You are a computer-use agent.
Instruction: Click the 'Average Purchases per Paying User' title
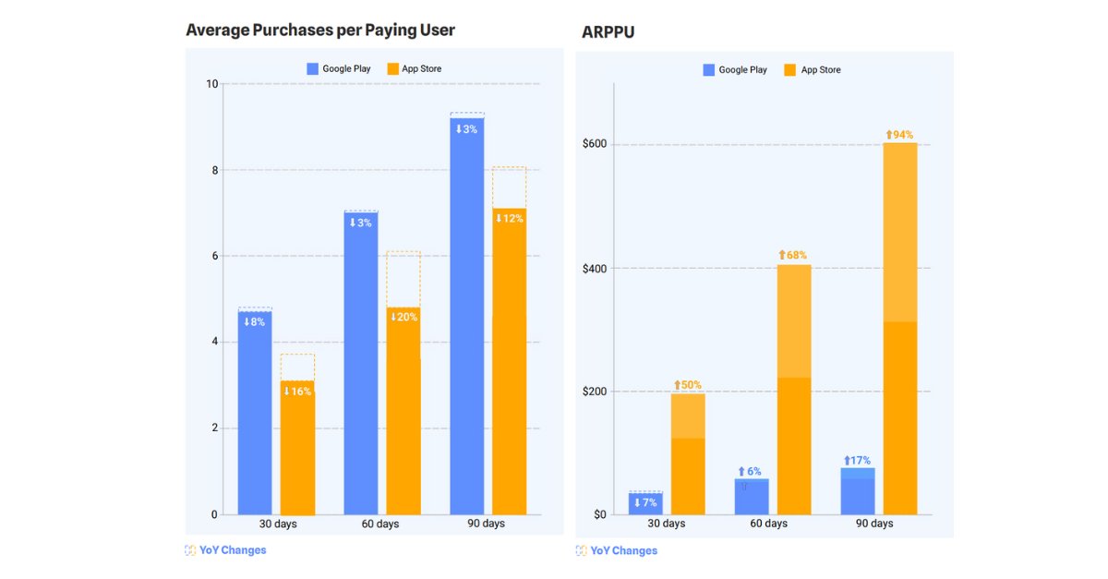(x=320, y=30)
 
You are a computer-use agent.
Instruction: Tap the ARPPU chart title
(x=608, y=32)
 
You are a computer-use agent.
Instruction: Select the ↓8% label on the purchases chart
(x=254, y=322)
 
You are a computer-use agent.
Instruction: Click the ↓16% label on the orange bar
(x=297, y=392)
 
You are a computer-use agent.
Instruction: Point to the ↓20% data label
(x=403, y=318)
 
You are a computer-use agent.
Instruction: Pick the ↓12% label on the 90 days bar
(x=509, y=219)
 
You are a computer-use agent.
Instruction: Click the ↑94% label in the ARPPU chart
(x=899, y=135)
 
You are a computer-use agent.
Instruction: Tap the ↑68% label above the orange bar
(x=793, y=255)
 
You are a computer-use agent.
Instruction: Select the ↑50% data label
(x=687, y=384)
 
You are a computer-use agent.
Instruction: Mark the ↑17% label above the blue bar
(x=857, y=461)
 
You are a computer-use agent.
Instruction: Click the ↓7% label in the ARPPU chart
(x=644, y=502)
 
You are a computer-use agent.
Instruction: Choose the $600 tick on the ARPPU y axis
(x=594, y=145)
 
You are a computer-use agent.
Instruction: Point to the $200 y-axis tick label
(x=594, y=392)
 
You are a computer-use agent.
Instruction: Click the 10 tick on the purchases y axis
(x=212, y=84)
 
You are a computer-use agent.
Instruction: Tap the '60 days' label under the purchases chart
(x=381, y=524)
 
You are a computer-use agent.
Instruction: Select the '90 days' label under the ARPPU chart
(x=874, y=524)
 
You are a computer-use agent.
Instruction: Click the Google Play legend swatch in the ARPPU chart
(x=708, y=69)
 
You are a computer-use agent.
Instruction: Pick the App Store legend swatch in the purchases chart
(x=392, y=68)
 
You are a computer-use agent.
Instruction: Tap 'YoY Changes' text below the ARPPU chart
(x=623, y=550)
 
